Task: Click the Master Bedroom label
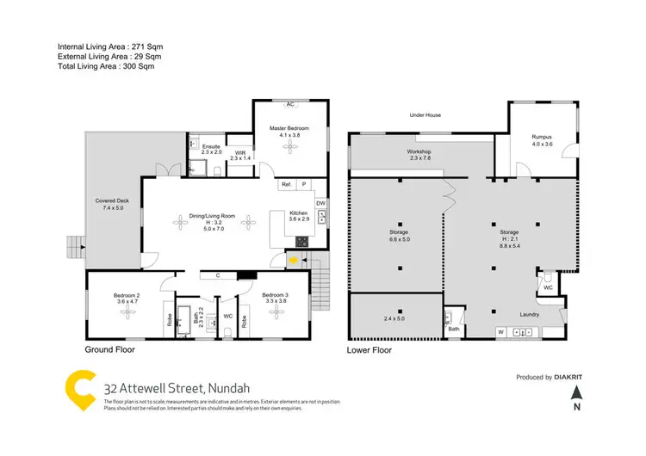tap(289, 128)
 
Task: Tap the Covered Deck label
tap(110, 200)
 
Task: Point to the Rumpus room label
tap(541, 137)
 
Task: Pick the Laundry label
tap(530, 315)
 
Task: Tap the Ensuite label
tap(210, 146)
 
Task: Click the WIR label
tap(239, 152)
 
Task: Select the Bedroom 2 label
tap(126, 296)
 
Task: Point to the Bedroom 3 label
tap(276, 296)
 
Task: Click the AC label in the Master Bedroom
tap(290, 104)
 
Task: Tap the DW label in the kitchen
tap(320, 203)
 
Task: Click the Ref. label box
tap(286, 185)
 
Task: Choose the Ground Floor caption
tap(109, 351)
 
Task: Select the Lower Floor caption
tap(370, 351)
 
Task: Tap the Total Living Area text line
tap(109, 66)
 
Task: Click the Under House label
tap(425, 114)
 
